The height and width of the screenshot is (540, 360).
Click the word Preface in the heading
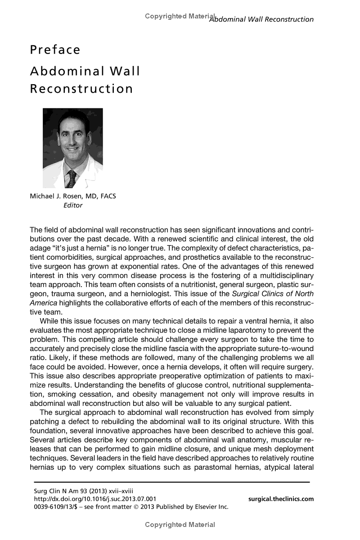[x=55, y=49]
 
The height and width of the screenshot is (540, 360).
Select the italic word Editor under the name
[x=72, y=205]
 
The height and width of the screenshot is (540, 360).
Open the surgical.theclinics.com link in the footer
[x=281, y=499]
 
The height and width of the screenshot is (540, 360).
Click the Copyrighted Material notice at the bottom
[x=180, y=524]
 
